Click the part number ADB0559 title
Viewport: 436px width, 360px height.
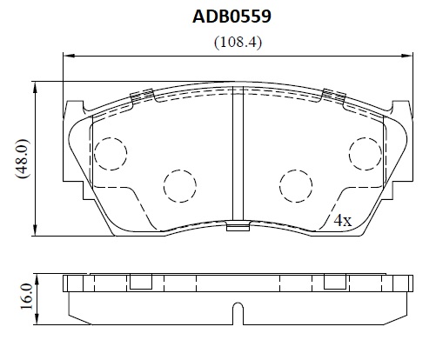click(231, 17)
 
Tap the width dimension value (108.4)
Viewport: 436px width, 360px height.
click(238, 43)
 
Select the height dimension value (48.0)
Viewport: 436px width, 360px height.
click(23, 158)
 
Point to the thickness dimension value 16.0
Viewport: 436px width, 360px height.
click(26, 297)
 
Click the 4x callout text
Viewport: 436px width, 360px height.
click(342, 221)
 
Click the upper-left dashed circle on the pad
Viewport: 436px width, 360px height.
click(111, 154)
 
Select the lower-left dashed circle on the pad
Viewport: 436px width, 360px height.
click(180, 186)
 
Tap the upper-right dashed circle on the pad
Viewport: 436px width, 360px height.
click(366, 154)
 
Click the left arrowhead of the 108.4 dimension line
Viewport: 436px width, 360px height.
click(69, 56)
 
